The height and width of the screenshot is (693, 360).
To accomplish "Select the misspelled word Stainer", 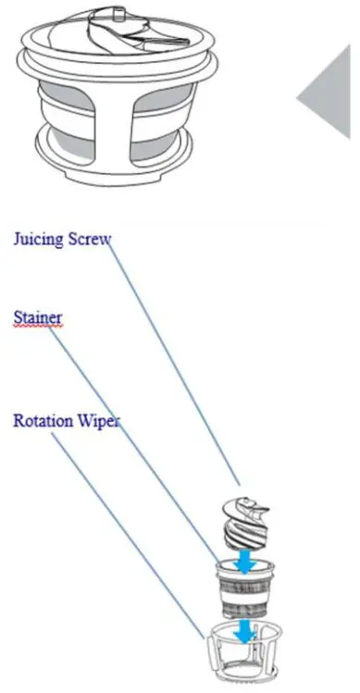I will point(37,317).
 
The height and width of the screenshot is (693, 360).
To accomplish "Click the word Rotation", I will point(43,420).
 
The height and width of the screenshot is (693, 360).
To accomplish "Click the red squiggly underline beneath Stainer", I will point(37,327).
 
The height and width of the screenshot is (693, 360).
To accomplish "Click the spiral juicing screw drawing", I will point(242,524).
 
